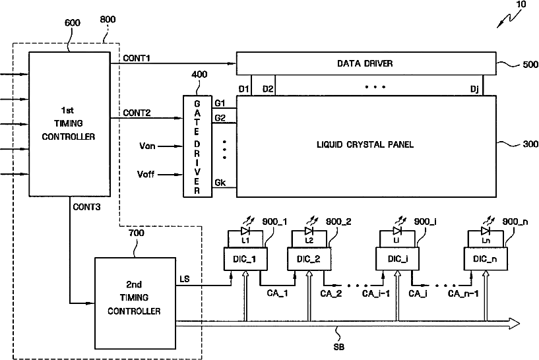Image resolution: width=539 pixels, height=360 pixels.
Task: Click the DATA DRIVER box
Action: click(366, 63)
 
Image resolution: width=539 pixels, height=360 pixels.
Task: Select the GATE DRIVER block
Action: click(197, 146)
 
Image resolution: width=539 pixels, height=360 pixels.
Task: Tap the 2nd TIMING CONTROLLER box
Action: click(135, 303)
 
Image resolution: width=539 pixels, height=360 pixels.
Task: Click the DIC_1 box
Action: click(245, 258)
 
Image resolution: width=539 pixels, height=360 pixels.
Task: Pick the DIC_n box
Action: click(485, 258)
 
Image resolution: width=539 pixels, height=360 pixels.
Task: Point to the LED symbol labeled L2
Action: click(309, 231)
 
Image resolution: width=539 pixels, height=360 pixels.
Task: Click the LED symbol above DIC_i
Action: click(397, 231)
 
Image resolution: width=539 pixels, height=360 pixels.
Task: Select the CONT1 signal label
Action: click(137, 58)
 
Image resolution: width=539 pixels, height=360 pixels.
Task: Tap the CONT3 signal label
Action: click(86, 207)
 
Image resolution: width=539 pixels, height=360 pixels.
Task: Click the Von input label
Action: click(148, 146)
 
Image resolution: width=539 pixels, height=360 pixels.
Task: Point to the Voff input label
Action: click(146, 174)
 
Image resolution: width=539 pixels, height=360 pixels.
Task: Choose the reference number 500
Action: click(530, 64)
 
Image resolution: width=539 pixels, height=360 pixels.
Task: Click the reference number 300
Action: click(530, 144)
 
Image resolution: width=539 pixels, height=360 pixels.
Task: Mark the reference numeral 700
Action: click(136, 233)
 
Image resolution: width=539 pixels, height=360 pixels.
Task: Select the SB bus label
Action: click(339, 347)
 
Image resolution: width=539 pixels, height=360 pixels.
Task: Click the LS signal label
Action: click(185, 279)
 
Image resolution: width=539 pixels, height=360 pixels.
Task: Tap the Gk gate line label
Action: click(220, 183)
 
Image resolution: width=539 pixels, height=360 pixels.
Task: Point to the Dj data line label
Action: click(474, 89)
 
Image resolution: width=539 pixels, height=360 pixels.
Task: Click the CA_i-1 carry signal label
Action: click(376, 293)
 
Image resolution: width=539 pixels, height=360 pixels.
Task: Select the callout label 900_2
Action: click(338, 222)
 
